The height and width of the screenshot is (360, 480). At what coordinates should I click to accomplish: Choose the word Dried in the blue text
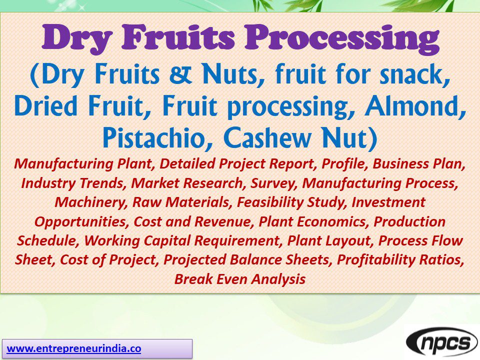[46, 107]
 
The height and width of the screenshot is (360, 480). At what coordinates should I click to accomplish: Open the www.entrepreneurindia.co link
[74, 348]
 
